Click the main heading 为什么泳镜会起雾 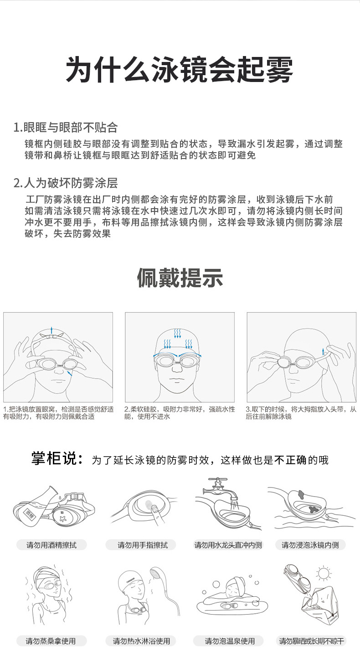(180, 69)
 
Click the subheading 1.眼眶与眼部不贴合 (66, 127)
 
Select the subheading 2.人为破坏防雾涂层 (66, 183)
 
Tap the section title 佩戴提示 (180, 277)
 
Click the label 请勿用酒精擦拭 (51, 545)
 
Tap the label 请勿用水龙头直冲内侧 (228, 545)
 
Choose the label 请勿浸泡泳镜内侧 (310, 545)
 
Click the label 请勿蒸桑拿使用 (51, 641)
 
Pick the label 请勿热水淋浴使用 (141, 641)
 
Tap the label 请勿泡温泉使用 (230, 641)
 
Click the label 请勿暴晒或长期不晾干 (312, 641)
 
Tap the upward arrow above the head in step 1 (52, 330)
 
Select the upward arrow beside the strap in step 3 (323, 351)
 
